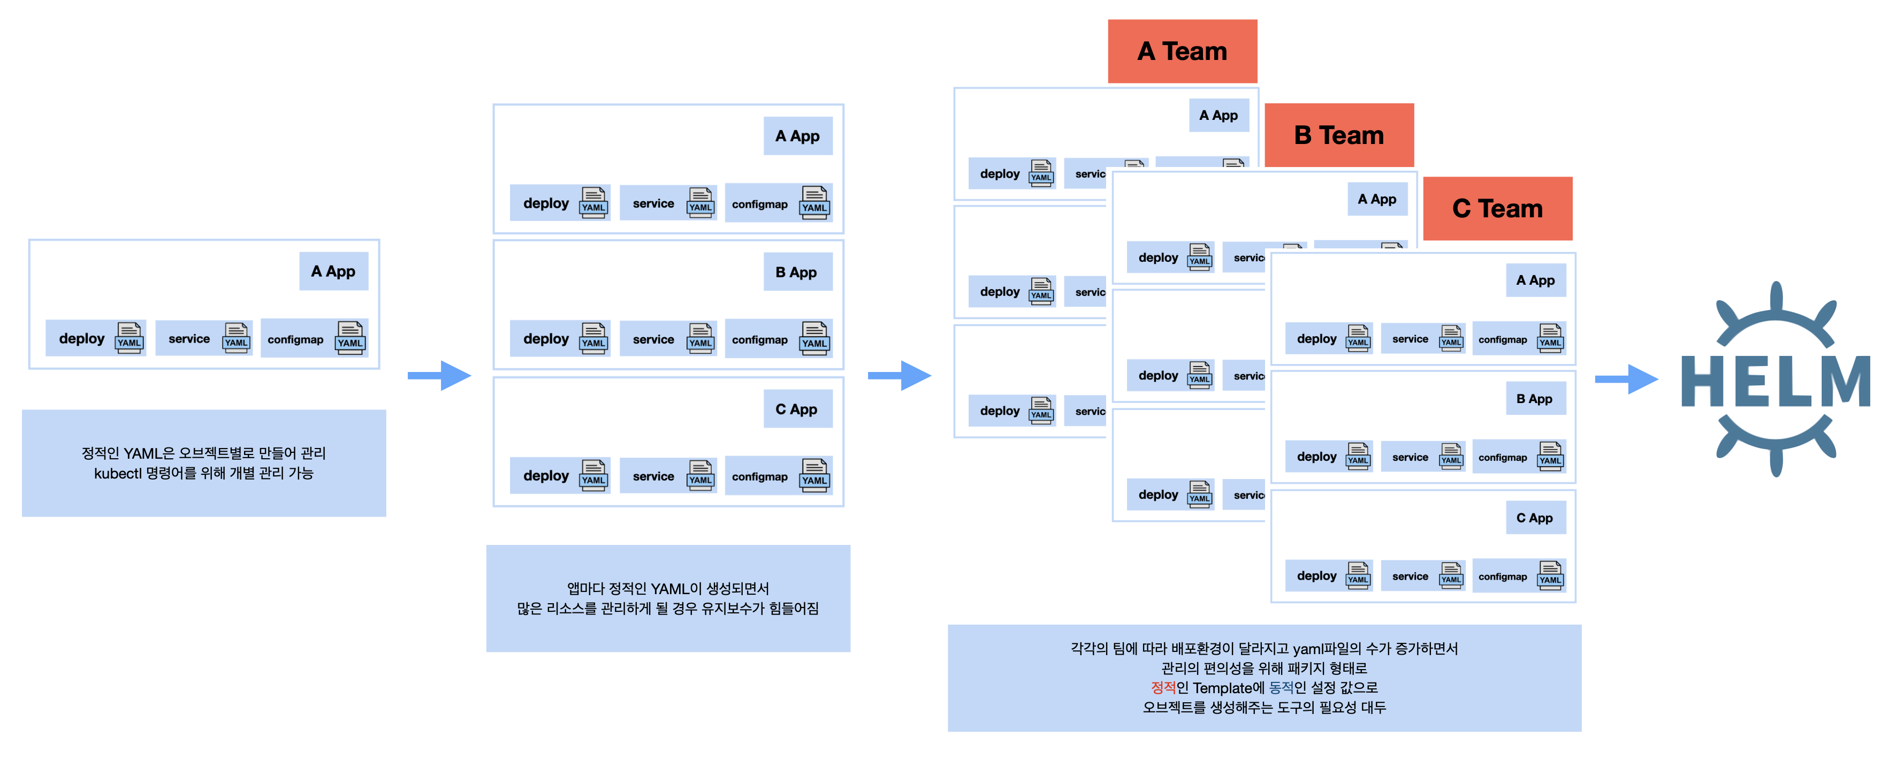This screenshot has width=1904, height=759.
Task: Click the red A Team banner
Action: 1182,51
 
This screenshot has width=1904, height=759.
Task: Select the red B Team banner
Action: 1338,135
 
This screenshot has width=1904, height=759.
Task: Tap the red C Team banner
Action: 1497,208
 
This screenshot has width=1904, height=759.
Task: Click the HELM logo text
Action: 1776,381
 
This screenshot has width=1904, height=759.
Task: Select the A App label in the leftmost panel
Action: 333,271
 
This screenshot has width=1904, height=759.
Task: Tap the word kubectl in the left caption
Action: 118,473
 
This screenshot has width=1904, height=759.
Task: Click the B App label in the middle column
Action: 797,272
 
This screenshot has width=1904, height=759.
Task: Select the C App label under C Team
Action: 1535,518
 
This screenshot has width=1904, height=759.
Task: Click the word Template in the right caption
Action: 1223,688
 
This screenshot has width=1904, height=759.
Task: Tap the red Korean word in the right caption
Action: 1163,688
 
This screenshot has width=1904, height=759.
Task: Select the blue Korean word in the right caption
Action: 1281,688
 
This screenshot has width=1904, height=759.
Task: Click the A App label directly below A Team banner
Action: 1218,115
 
